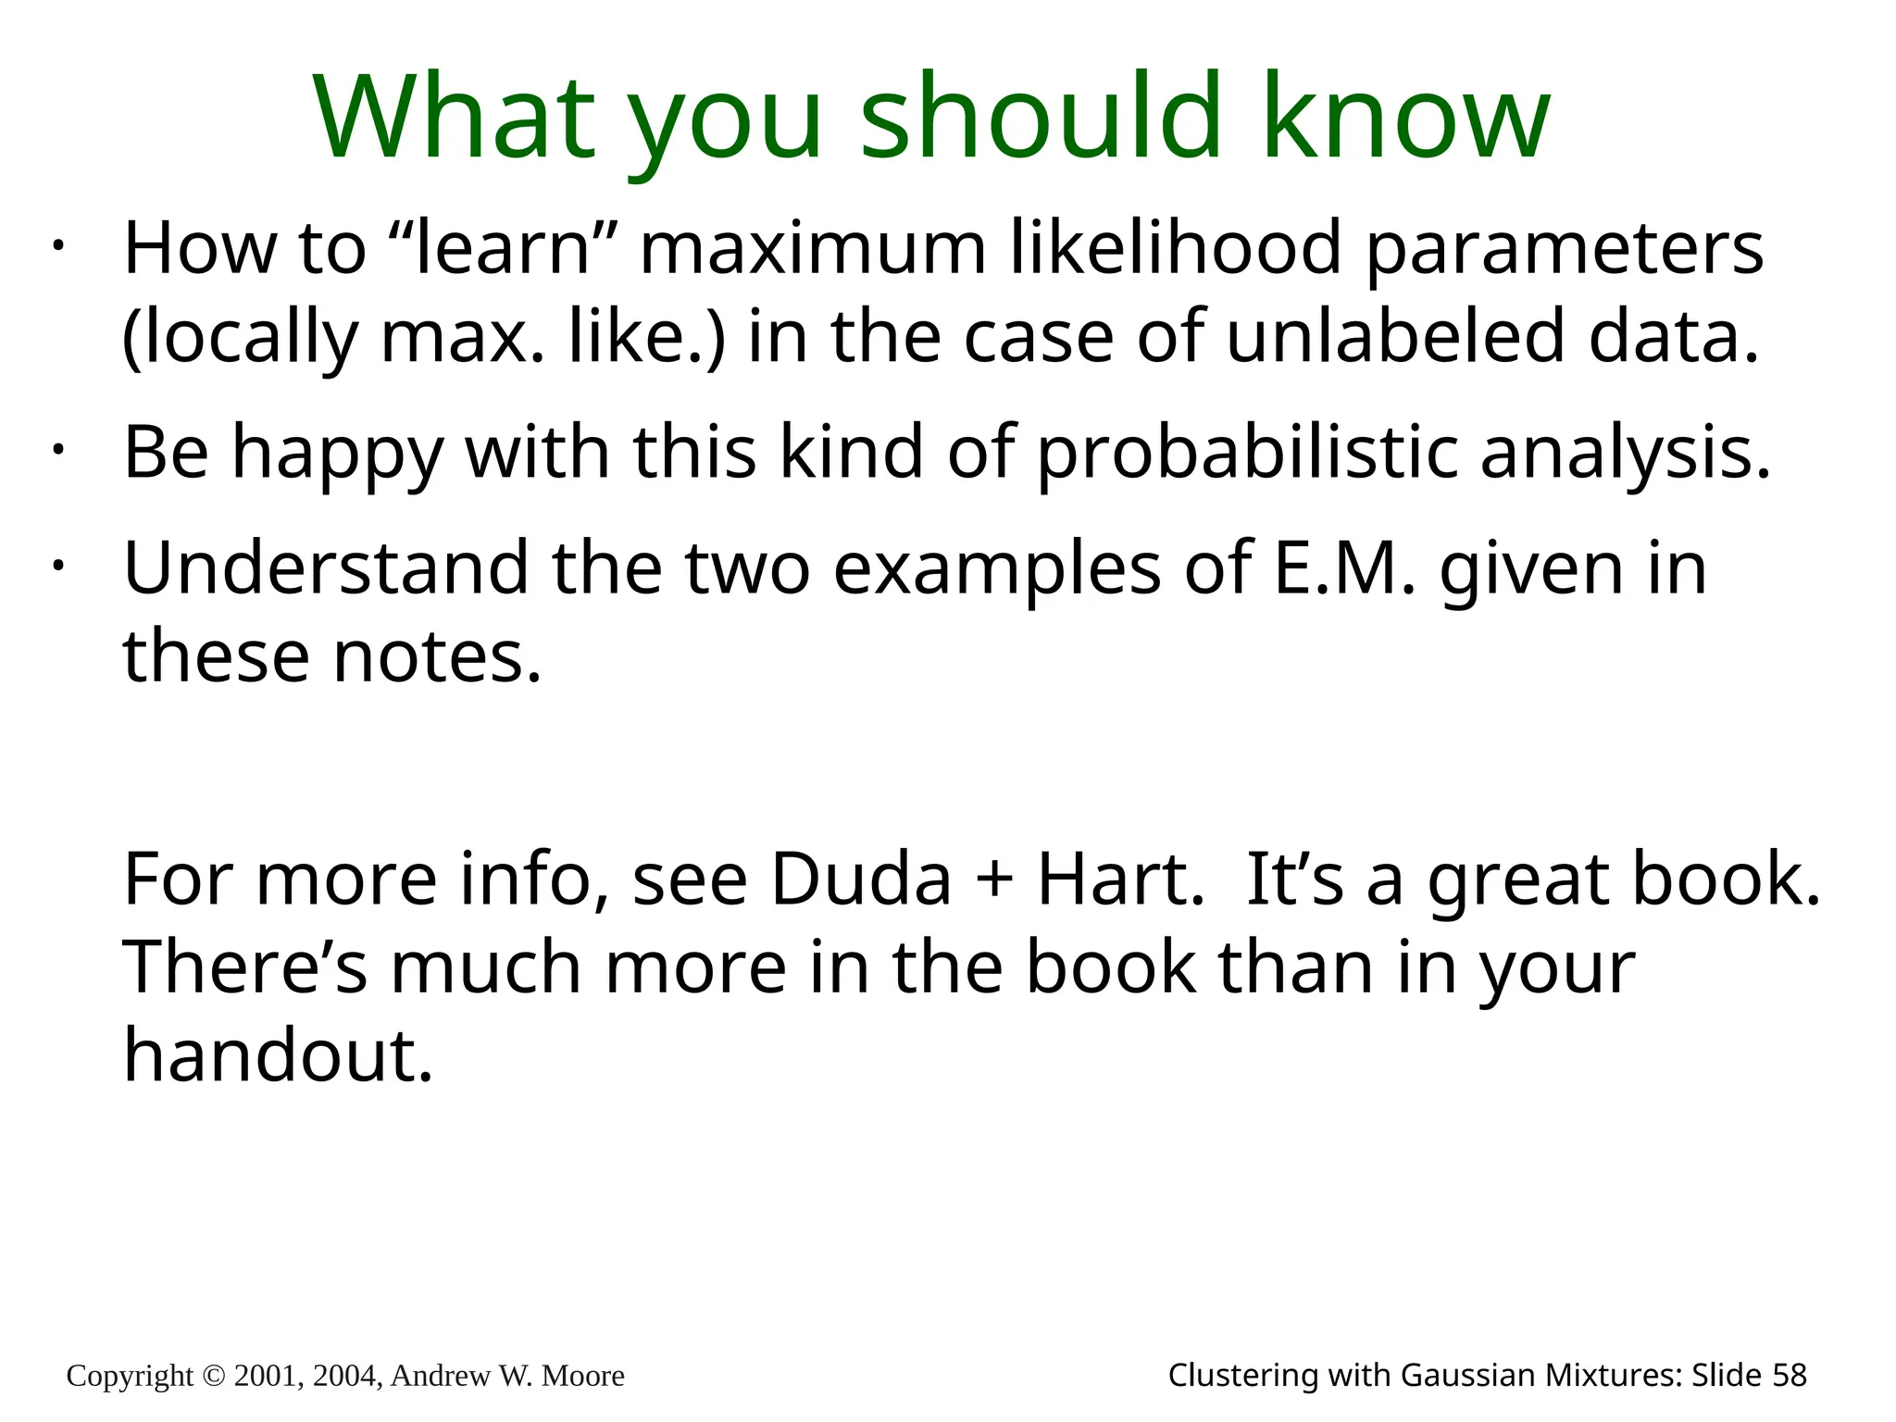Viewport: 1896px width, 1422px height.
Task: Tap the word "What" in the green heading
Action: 455,118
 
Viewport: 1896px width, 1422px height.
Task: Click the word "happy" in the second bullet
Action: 337,454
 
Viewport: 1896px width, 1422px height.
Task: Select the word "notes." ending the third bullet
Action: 436,656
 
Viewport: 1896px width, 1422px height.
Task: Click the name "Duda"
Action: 860,879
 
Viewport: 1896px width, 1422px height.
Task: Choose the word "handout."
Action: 278,1055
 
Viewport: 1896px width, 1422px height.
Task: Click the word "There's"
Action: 245,967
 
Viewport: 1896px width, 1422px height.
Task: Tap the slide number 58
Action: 1789,1376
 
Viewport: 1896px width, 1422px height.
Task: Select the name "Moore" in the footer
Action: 582,1377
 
